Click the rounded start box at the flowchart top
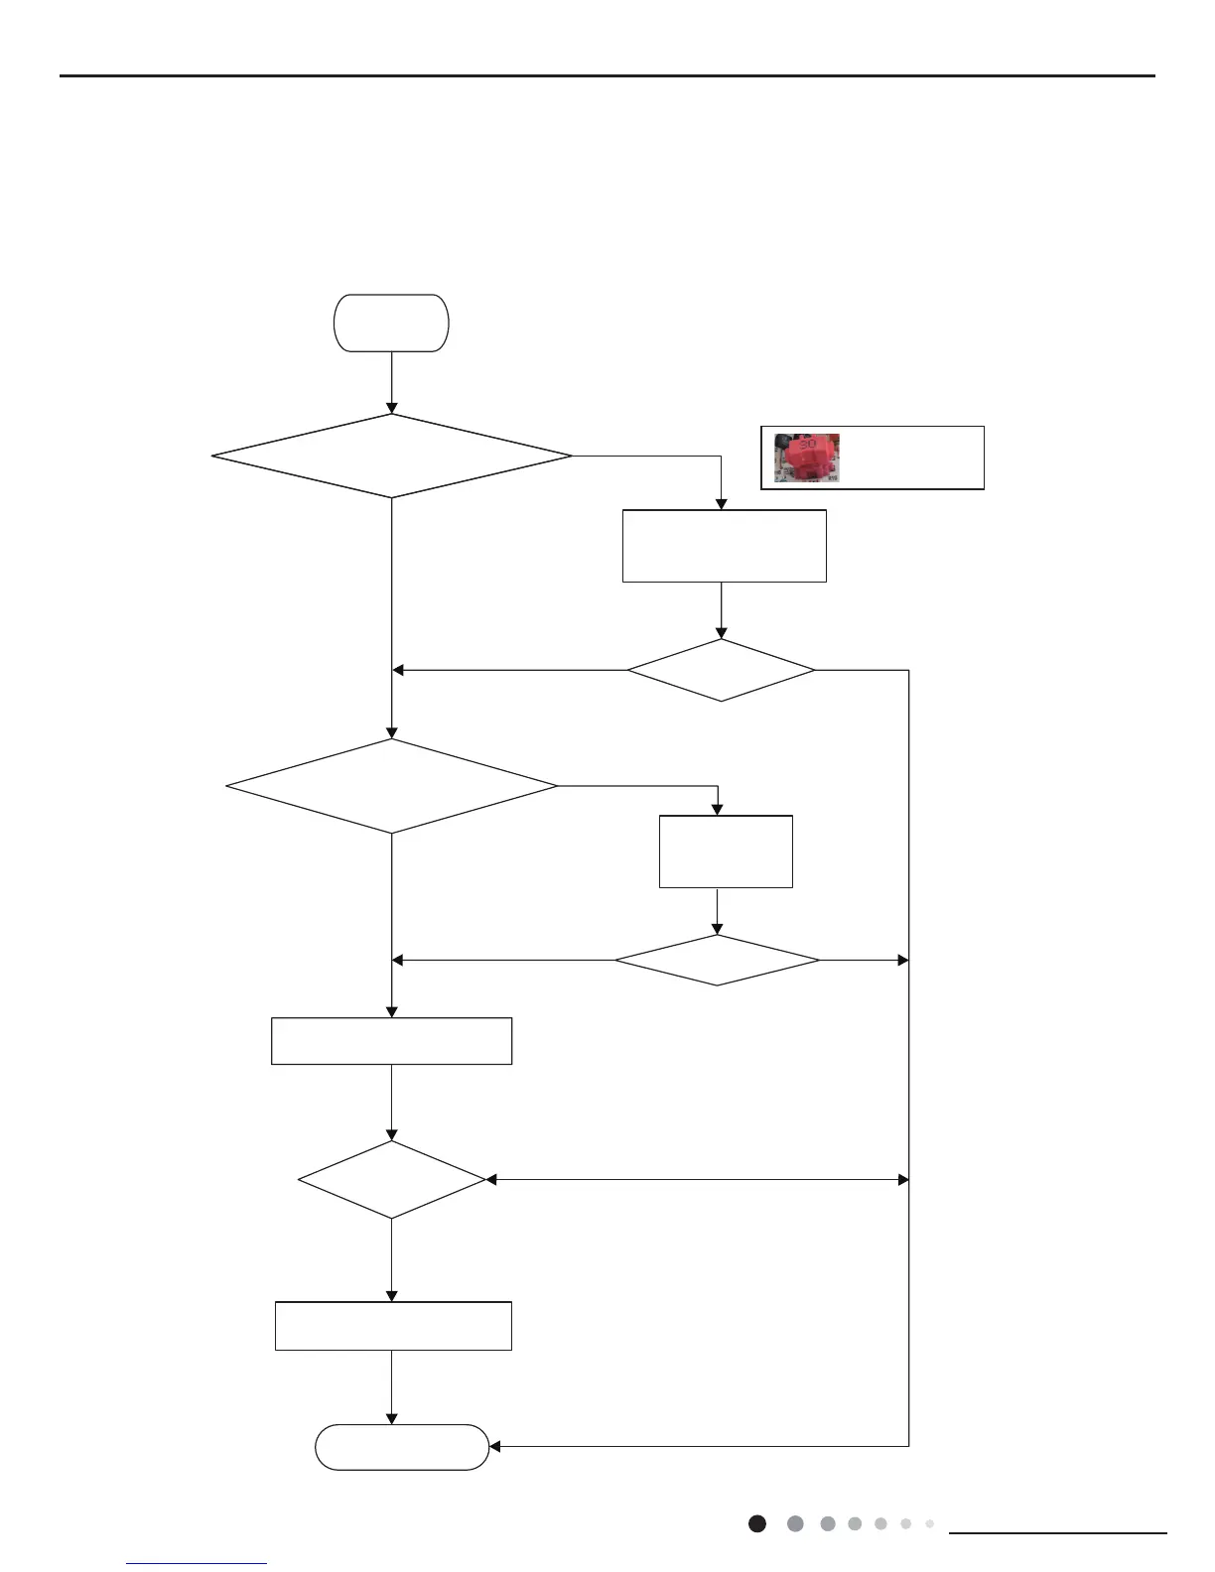pos(392,323)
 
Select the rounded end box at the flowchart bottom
pos(402,1447)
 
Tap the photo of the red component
pos(807,458)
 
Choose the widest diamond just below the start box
pos(392,456)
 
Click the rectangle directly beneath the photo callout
pos(724,546)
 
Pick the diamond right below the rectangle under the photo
pos(721,670)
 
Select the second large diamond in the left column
pos(392,786)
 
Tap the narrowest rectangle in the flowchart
pos(726,851)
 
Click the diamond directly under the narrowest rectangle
pos(717,960)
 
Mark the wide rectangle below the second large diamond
pos(392,1041)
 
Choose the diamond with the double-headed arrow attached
pos(392,1180)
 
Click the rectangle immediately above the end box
pos(393,1326)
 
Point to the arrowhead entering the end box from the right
pos(495,1447)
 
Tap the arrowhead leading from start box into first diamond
pos(392,408)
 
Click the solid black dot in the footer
pos(757,1523)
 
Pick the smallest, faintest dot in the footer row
pos(929,1523)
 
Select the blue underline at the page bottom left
pos(197,1563)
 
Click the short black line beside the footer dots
pos(1058,1533)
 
